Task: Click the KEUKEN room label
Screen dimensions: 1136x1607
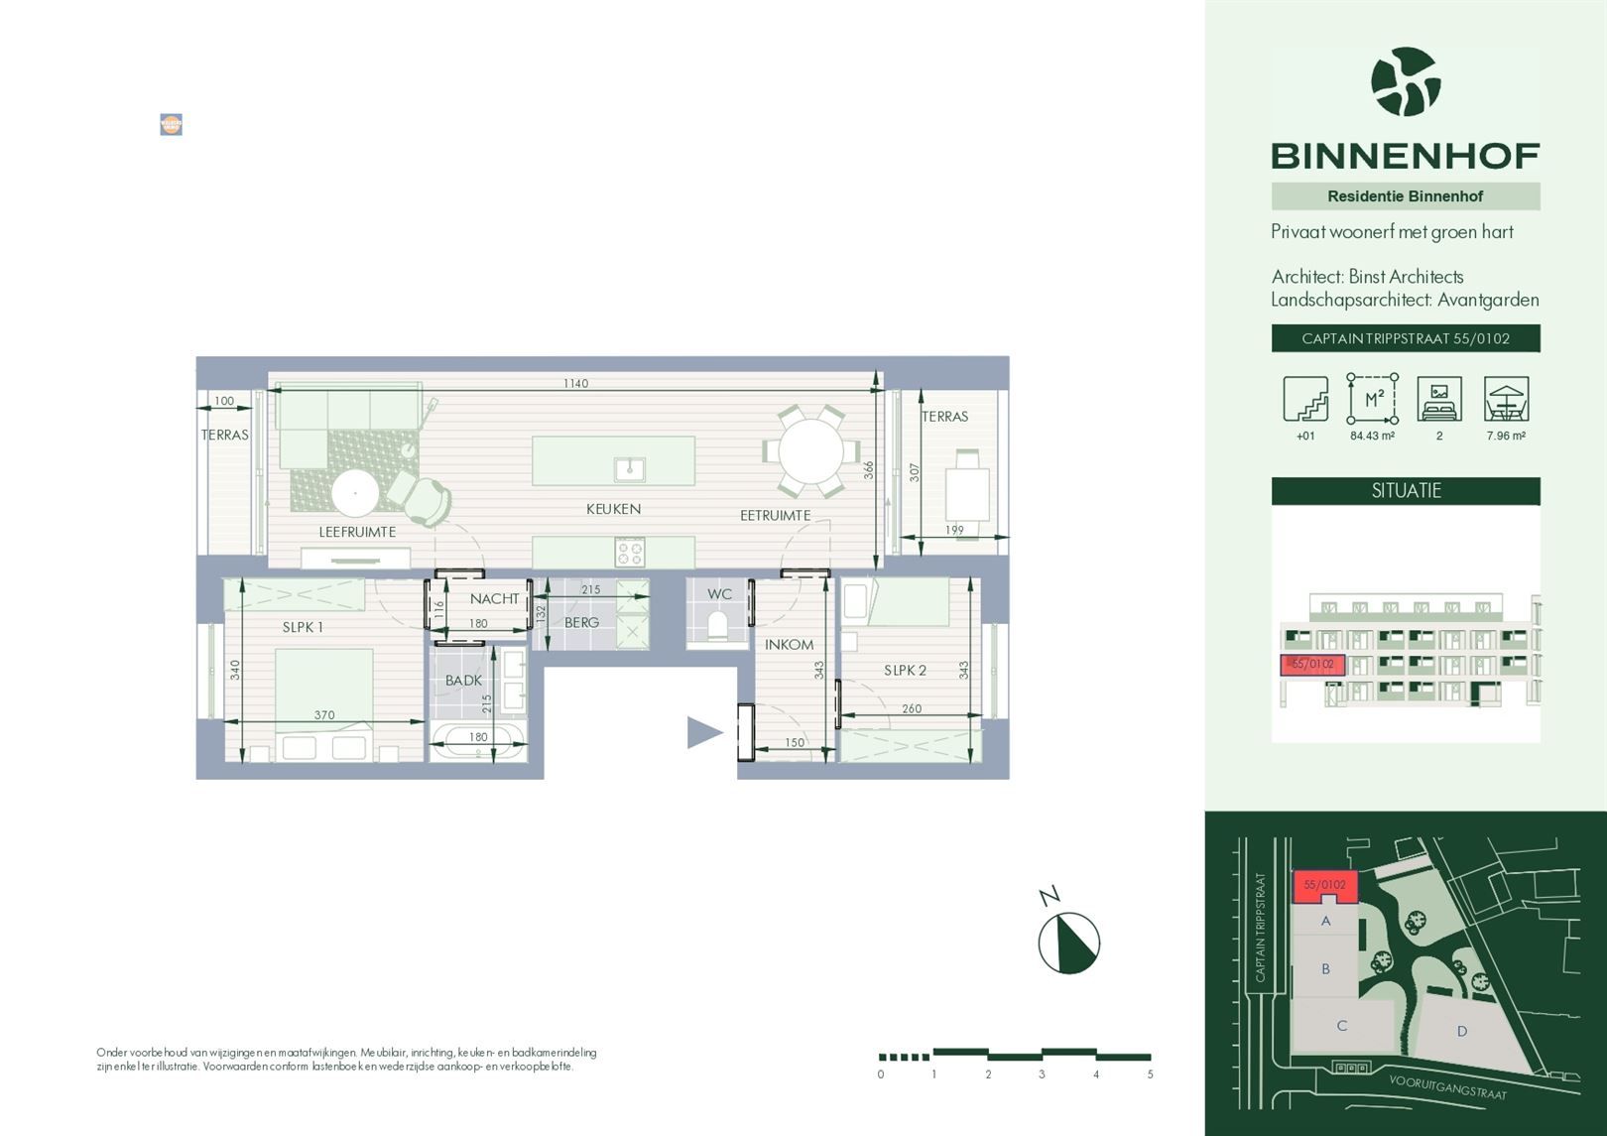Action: pyautogui.click(x=613, y=509)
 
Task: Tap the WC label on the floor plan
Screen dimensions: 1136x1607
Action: pyautogui.click(x=719, y=594)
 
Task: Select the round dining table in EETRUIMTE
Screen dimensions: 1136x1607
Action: pyautogui.click(x=810, y=450)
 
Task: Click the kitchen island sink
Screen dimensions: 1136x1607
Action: pyautogui.click(x=629, y=468)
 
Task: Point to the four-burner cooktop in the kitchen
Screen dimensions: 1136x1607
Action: pyautogui.click(x=629, y=552)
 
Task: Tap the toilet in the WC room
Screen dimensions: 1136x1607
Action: pyautogui.click(x=718, y=627)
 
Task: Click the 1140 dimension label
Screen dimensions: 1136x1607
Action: pyautogui.click(x=575, y=383)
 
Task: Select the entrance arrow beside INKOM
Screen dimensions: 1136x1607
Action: pyautogui.click(x=704, y=732)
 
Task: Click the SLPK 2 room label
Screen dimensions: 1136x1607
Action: pyautogui.click(x=905, y=671)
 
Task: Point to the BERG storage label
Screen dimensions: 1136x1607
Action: pyautogui.click(x=581, y=622)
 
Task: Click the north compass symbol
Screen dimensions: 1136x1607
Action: pyautogui.click(x=1068, y=943)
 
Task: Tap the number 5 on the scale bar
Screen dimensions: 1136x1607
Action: pyautogui.click(x=1150, y=1074)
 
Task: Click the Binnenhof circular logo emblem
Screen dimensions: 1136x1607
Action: pyautogui.click(x=1405, y=82)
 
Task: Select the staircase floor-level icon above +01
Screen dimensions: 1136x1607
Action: pyautogui.click(x=1304, y=399)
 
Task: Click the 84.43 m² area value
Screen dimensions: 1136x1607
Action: pyautogui.click(x=1372, y=436)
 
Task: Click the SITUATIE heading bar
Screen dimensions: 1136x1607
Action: pyautogui.click(x=1405, y=490)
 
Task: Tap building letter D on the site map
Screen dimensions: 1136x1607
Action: pyautogui.click(x=1461, y=1032)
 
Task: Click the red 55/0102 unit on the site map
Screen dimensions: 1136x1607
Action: pyautogui.click(x=1324, y=886)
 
